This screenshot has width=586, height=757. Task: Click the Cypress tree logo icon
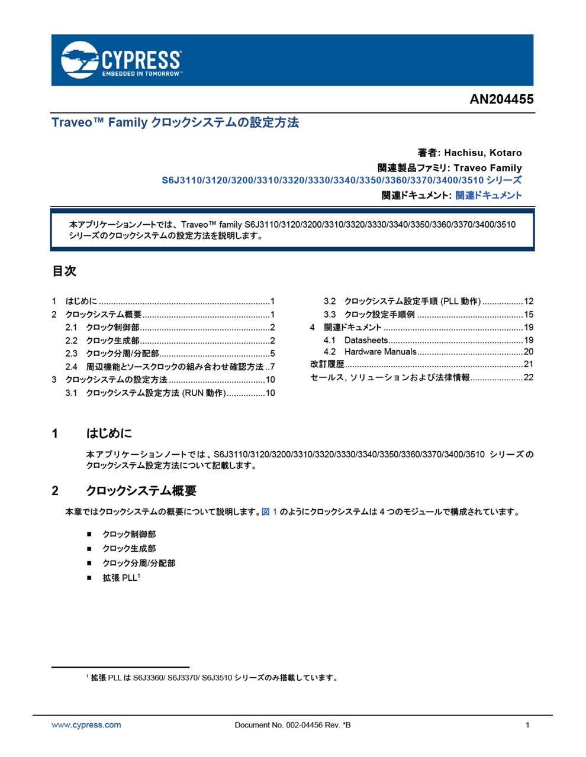(79, 59)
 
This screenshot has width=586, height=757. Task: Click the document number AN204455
(501, 99)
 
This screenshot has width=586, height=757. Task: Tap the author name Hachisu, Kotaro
(483, 153)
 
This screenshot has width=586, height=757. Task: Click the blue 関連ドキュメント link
(488, 195)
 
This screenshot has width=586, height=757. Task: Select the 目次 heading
(64, 271)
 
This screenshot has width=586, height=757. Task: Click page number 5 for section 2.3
(272, 354)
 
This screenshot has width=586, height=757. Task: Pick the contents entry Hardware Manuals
(380, 352)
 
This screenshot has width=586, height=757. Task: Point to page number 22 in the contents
(529, 377)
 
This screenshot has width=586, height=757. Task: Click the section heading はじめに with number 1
(109, 434)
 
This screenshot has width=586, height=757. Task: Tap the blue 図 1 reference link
(269, 512)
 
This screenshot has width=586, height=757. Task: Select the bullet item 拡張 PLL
(120, 578)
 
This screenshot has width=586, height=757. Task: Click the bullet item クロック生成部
(129, 549)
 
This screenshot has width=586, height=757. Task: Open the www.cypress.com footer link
(86, 725)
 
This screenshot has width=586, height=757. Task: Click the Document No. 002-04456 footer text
(292, 725)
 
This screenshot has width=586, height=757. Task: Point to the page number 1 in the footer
(527, 725)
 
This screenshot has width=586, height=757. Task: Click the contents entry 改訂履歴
(327, 364)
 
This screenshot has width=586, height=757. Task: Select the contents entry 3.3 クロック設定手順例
(379, 315)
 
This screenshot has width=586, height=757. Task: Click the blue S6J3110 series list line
(342, 180)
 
